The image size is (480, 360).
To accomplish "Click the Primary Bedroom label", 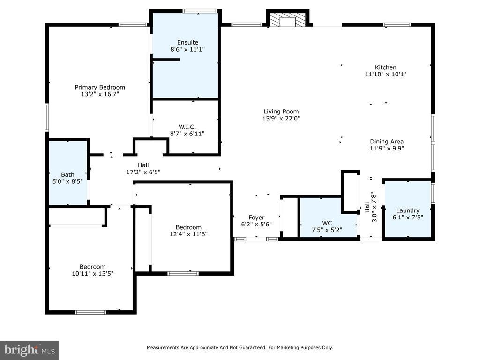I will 100,87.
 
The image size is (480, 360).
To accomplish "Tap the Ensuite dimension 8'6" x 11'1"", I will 187,49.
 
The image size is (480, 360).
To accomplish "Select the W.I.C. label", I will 187,127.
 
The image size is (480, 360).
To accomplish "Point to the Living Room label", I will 281,112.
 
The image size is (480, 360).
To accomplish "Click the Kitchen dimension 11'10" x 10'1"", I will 385,74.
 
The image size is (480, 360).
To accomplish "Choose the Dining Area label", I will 387,142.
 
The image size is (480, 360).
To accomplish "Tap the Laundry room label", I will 408,210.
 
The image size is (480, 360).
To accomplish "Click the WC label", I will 327,223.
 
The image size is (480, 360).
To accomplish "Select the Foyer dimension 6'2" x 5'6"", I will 256,225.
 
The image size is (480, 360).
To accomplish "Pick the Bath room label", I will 67,175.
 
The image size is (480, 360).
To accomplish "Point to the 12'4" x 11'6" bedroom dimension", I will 188,234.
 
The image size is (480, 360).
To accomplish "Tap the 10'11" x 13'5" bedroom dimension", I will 92,273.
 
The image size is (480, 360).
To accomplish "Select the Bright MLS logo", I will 30,350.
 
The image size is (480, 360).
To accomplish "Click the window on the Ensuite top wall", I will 200,11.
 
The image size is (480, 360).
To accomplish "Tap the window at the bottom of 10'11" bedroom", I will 90,312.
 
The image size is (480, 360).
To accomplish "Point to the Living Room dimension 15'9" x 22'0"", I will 281,119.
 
